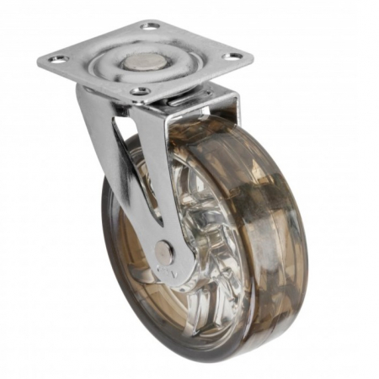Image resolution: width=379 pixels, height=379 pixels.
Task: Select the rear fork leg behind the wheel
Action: [227, 109]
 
